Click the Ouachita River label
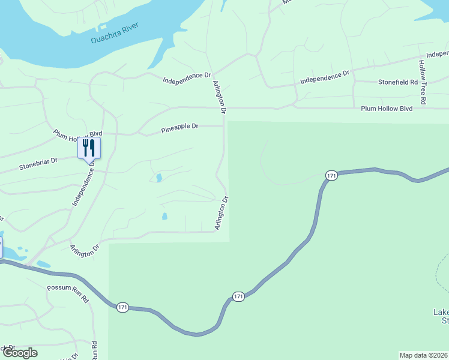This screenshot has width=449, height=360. (x=115, y=34)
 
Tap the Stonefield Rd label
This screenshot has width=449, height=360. (x=397, y=82)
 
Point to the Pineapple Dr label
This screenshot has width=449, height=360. (x=179, y=127)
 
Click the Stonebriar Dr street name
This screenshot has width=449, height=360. (x=38, y=163)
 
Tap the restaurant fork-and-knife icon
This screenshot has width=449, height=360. (x=89, y=148)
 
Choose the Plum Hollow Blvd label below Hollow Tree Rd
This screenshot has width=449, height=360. (x=387, y=109)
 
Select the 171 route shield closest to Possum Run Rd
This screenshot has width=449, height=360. (x=123, y=307)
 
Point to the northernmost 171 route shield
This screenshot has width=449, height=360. (x=331, y=175)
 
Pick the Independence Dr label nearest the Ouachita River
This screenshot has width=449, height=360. (x=187, y=77)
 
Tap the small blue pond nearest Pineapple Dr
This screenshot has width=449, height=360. (x=158, y=178)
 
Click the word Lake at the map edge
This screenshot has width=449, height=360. (x=441, y=312)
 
